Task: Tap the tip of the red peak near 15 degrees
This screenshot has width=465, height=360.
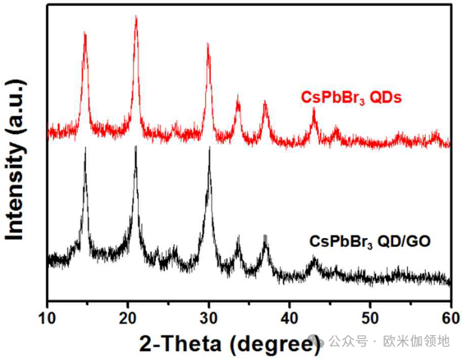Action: click(85, 34)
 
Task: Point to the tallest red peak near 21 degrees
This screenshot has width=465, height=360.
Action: click(136, 17)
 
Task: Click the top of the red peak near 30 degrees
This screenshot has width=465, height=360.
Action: click(208, 44)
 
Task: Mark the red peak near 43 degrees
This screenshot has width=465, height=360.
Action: click(314, 110)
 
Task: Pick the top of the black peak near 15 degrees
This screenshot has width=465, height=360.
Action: click(85, 149)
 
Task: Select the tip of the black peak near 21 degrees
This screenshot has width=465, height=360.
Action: click(136, 147)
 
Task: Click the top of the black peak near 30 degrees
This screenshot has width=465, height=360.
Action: click(209, 148)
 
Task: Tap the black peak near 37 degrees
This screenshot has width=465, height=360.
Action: click(265, 237)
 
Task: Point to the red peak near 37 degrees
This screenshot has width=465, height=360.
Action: click(265, 102)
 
